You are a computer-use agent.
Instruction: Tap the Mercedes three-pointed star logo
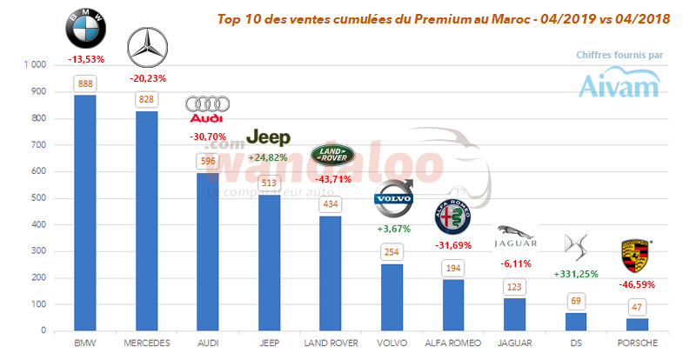pos(146,48)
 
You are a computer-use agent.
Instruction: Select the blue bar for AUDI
pos(207,252)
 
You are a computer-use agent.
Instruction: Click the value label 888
pos(85,83)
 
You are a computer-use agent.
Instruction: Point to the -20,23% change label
pos(146,76)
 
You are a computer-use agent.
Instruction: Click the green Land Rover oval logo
pos(334,154)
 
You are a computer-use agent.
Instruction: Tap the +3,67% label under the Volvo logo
pos(393,229)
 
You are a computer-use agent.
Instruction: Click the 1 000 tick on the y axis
pos(35,65)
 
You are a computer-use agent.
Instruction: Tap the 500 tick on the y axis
pos(38,198)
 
